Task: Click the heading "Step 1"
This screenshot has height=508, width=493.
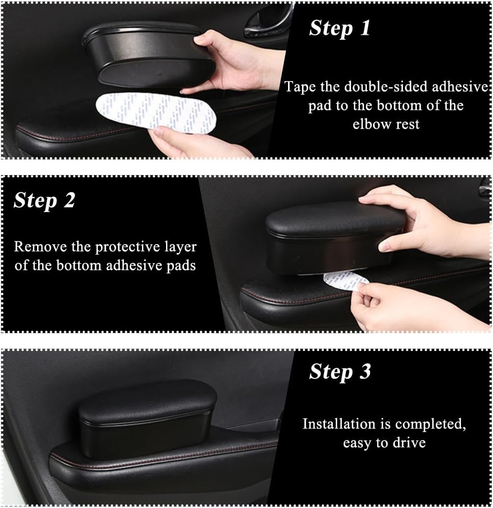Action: tap(339, 28)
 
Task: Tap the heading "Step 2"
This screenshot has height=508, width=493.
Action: tap(45, 201)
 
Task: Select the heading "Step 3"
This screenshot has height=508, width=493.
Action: tap(340, 371)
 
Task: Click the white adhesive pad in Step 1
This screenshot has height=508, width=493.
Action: tap(156, 113)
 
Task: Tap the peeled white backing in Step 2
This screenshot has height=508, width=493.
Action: tap(345, 280)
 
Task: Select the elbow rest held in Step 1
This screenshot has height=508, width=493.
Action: tap(147, 55)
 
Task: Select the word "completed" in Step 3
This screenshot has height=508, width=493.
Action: tap(430, 424)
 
